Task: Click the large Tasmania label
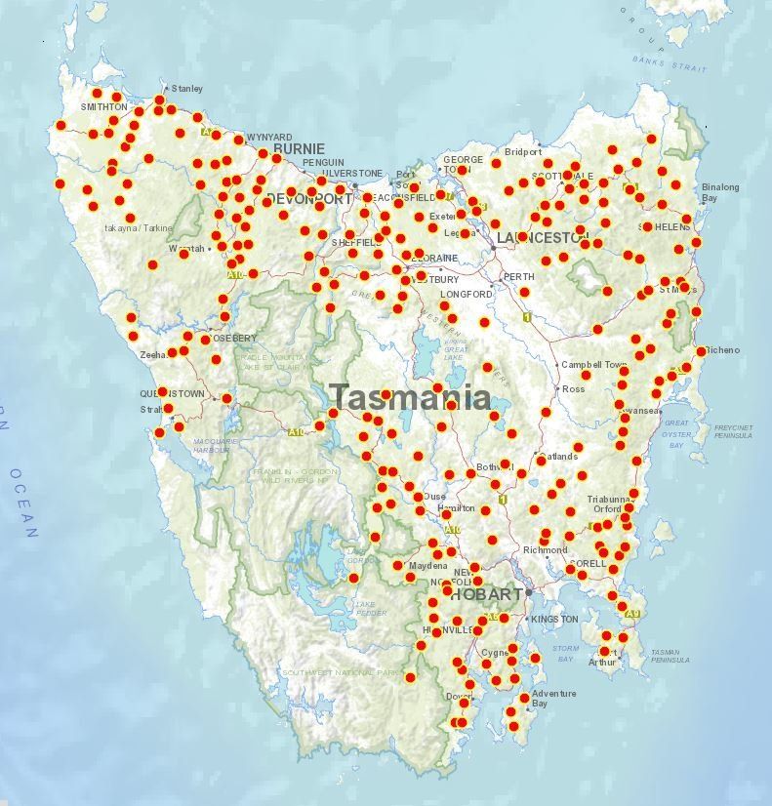click(409, 397)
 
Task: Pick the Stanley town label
click(186, 89)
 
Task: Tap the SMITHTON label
click(103, 106)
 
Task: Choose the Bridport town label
click(522, 152)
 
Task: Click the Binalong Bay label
click(720, 192)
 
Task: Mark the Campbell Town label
click(594, 365)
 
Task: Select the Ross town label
click(573, 388)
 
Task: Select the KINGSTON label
click(554, 619)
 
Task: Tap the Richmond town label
click(545, 550)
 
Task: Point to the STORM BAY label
click(565, 653)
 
